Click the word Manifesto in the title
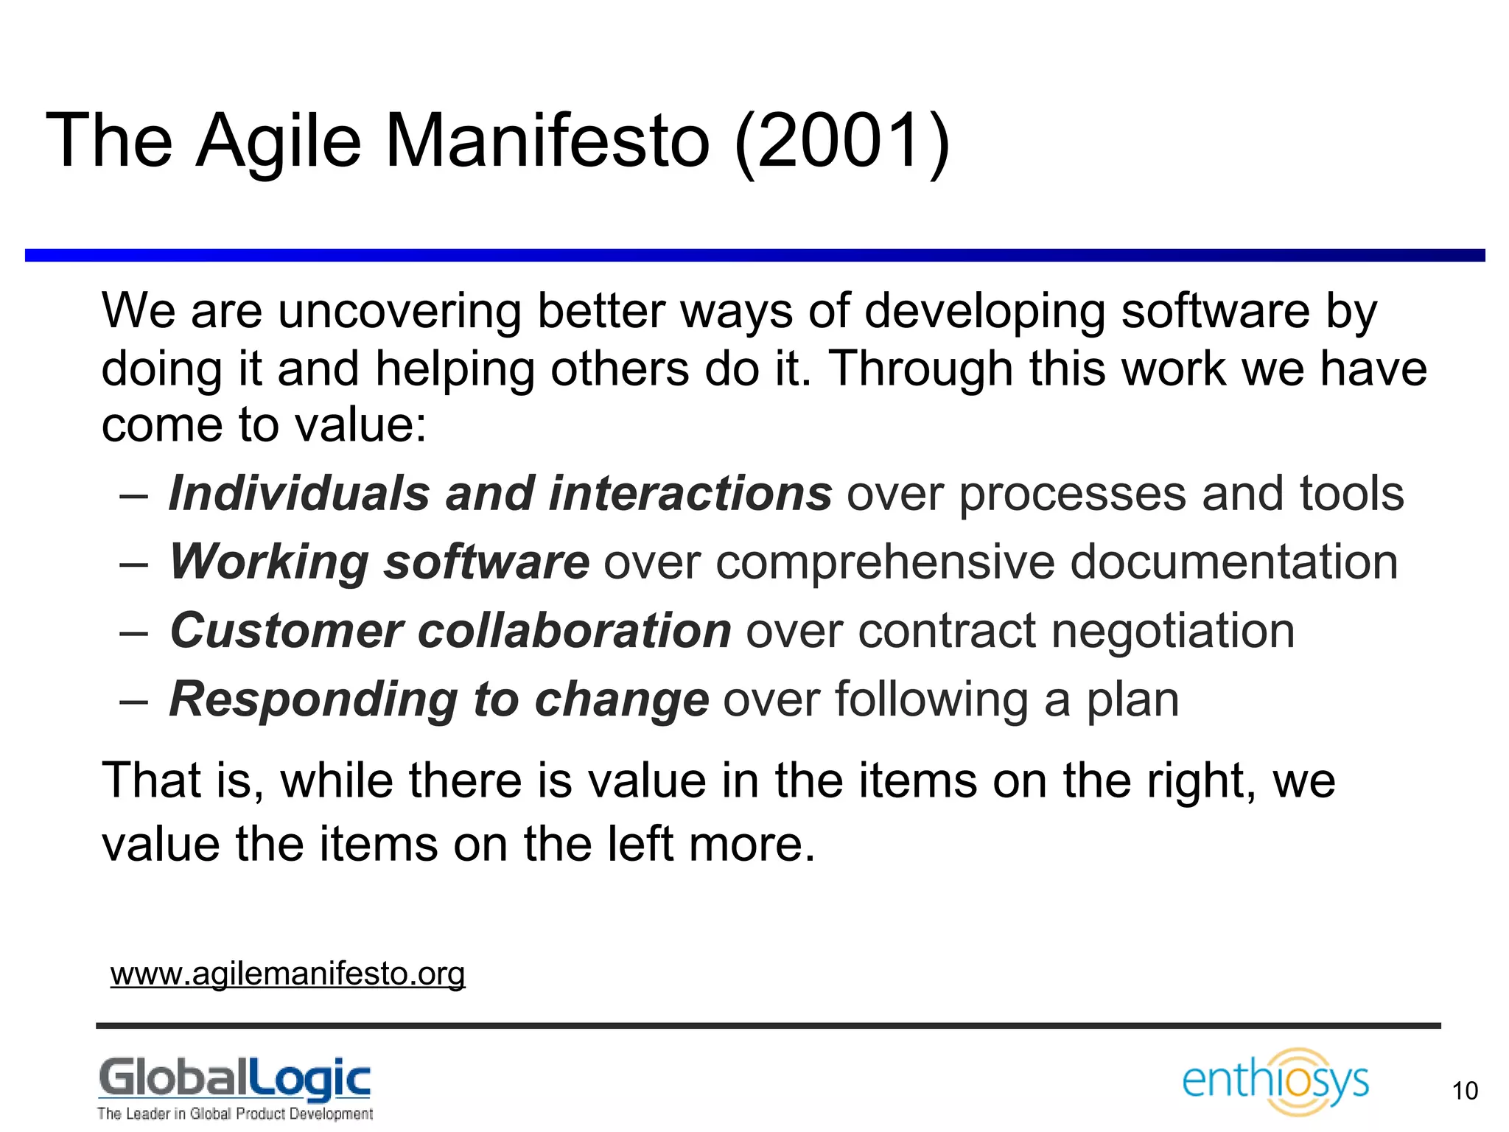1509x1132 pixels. pos(547,140)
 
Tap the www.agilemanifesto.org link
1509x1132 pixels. pos(287,974)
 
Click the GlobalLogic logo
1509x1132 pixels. pos(234,1079)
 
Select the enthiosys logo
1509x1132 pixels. pos(1275,1081)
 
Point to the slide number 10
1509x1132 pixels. pos(1465,1091)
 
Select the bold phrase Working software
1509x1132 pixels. pos(379,562)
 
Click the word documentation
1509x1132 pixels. pos(1233,562)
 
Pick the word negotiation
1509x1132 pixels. pos(1172,631)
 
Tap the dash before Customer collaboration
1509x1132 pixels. pos(133,632)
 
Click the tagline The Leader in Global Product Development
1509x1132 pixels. pos(234,1114)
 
